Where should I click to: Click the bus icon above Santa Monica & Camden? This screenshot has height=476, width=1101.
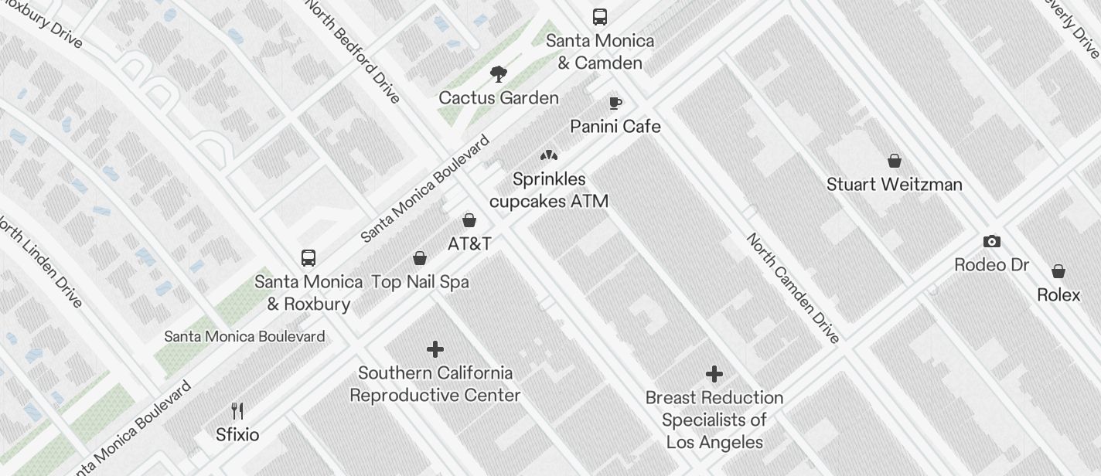599,16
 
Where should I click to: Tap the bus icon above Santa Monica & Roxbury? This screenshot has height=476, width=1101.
308,257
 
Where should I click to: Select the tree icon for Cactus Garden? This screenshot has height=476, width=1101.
499,74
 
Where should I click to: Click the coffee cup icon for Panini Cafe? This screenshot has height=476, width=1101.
615,103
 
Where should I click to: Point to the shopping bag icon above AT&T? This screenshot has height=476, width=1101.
469,220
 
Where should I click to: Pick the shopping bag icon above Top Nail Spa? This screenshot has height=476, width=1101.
420,258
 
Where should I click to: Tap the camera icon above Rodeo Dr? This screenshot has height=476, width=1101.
991,242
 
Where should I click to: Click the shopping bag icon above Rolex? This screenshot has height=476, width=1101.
1058,271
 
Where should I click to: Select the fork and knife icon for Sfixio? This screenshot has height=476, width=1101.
237,410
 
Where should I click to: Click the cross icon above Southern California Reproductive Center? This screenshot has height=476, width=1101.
435,349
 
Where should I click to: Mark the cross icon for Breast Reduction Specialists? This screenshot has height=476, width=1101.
714,375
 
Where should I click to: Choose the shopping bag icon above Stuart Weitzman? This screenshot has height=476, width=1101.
895,161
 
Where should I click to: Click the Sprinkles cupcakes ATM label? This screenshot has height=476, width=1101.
549,190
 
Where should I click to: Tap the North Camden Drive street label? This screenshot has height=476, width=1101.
793,287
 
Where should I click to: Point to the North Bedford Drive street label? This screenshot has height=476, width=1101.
354,51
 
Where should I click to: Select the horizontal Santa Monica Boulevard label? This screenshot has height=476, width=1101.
244,337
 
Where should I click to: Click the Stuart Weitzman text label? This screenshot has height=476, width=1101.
895,185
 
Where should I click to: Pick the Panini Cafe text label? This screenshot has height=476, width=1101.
615,127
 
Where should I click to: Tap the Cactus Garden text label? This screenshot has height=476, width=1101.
499,98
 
